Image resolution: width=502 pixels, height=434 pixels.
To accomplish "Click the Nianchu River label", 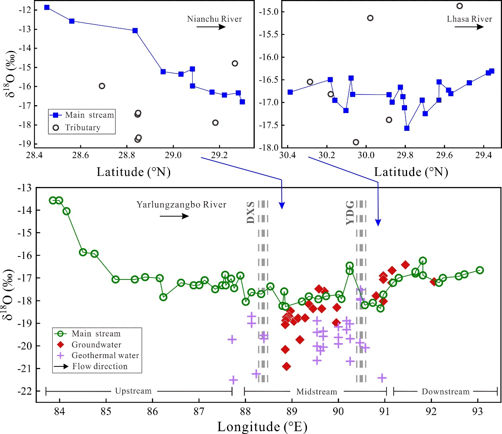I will point(214,19).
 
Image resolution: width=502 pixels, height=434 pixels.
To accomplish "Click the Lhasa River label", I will point(469,19).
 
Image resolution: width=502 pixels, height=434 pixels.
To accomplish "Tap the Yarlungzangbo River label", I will point(181,205).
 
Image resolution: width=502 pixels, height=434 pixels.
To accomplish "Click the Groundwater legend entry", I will point(96,345).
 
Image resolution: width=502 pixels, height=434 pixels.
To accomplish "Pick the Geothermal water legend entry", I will point(105,355).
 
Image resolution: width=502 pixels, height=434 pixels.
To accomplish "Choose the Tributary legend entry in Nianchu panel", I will point(82,128).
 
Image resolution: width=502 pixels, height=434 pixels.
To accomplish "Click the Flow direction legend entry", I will point(99,366).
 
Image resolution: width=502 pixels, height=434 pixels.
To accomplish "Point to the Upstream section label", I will point(133,391).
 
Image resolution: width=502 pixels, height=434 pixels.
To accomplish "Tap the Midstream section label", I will point(316,392).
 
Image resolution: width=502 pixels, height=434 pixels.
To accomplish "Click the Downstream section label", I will point(445,392).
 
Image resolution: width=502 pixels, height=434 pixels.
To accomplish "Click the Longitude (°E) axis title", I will point(262,427).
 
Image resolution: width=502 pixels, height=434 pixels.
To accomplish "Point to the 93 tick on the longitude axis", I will point(477,411).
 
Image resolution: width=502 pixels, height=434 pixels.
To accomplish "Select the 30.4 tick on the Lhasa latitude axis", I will point(287,155).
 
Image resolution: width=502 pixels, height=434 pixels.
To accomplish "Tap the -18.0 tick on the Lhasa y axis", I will point(269,147).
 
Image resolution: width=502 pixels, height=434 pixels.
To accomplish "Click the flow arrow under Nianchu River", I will point(211,27).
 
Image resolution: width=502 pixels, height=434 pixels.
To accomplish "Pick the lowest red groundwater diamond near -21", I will point(286,366).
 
